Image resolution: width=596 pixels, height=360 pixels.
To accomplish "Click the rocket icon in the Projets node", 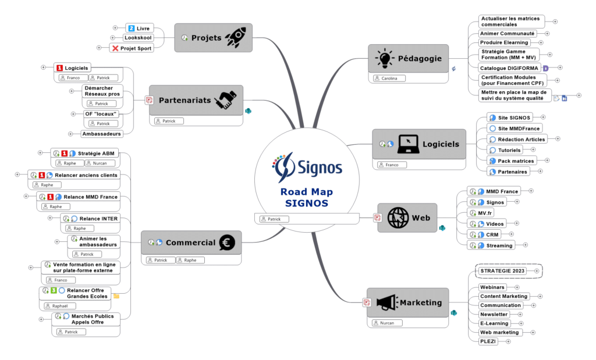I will (x=235, y=38).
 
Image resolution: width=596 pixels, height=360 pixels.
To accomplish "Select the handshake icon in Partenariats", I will (x=226, y=100).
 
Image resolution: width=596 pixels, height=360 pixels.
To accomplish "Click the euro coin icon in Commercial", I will (x=226, y=243).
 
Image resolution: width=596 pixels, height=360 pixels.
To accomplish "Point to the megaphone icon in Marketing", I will (x=386, y=302).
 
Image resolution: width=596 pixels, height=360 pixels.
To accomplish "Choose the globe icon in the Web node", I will (x=399, y=218).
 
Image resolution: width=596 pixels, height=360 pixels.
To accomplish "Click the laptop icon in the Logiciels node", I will (x=409, y=144).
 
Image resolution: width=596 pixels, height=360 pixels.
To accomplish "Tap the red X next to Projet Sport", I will (x=115, y=48).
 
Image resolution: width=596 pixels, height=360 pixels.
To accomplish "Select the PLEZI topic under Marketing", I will (x=488, y=341).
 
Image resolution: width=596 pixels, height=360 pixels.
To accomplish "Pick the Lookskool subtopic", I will (x=138, y=38).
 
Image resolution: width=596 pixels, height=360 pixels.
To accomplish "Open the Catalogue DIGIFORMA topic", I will (x=509, y=67).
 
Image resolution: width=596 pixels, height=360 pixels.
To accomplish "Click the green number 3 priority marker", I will (x=53, y=290).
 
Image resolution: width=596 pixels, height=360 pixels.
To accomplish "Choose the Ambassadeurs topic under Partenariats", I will (x=102, y=134).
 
